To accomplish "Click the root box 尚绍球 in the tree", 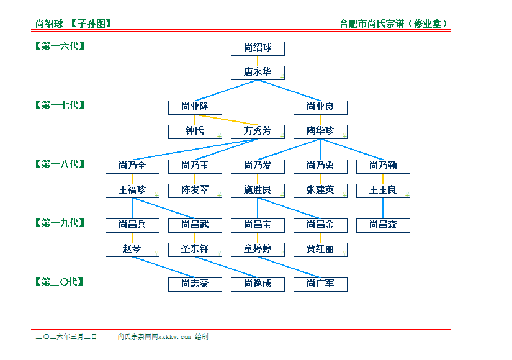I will (258, 48).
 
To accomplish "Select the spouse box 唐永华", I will (258, 72).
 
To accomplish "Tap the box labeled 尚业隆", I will (195, 107).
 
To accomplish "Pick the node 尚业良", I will (320, 107).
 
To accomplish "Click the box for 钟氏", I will (195, 131).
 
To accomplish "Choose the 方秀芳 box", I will (258, 131).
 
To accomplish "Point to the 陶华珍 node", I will (320, 131).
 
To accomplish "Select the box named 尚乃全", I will (132, 166).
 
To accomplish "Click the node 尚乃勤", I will (383, 166).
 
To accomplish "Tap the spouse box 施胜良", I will (258, 190).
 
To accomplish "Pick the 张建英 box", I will (320, 190).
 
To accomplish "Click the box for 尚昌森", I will (383, 225).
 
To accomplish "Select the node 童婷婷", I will (258, 249).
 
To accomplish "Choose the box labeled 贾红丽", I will (320, 249).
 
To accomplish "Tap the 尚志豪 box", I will (195, 284).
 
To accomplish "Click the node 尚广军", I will (320, 284).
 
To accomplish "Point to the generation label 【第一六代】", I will (60, 46).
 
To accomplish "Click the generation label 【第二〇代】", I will (60, 282).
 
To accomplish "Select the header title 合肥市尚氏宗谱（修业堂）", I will (393, 24).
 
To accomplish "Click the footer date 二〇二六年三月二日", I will (66, 336).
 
